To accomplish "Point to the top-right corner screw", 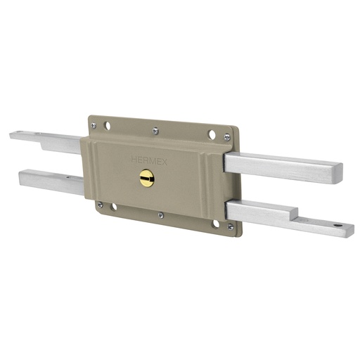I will click(226, 138).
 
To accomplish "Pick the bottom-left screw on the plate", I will click(100, 205).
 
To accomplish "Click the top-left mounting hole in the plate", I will click(107, 127).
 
